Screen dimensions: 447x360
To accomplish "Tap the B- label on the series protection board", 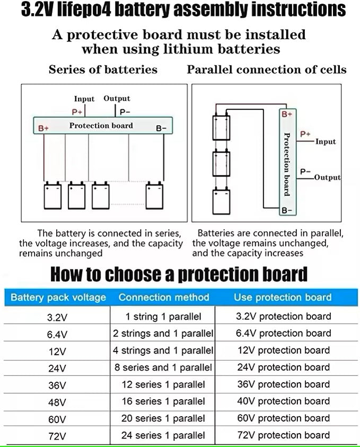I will [161, 128].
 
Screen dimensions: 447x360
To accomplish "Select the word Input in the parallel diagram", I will [326, 142].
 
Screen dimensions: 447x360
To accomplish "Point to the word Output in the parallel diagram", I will [327, 177].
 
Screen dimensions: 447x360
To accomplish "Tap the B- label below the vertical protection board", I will [286, 211].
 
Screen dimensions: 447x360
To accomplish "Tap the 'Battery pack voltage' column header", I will [58, 297].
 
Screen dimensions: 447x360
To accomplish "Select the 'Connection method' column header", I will [164, 297].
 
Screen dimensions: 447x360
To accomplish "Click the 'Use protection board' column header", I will [283, 297].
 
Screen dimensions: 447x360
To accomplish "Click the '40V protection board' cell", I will [283, 401].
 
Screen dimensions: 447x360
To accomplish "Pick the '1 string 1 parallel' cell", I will [163, 317].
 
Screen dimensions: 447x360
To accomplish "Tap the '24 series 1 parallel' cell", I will [163, 435].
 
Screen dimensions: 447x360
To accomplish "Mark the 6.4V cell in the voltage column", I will [57, 335].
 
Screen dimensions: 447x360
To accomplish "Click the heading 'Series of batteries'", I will [103, 69].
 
